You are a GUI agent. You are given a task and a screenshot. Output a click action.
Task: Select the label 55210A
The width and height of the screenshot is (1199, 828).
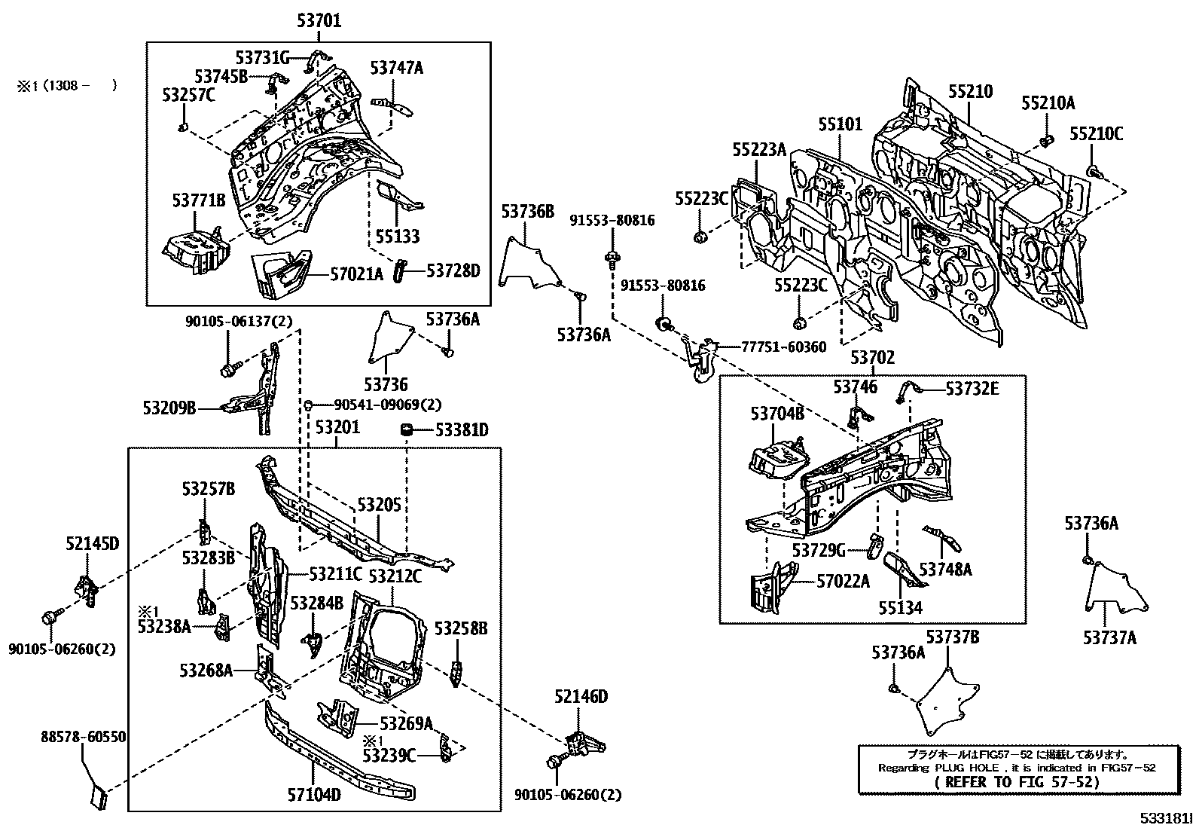(1048, 104)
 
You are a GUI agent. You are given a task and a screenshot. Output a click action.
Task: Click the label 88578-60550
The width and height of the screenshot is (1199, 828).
(83, 737)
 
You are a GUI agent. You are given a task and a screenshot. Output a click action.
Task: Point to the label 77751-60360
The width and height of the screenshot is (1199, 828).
(773, 347)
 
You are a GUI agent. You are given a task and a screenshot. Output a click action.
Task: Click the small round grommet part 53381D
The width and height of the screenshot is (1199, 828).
(407, 429)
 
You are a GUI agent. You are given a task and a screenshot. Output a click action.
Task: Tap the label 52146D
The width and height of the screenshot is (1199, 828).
(581, 697)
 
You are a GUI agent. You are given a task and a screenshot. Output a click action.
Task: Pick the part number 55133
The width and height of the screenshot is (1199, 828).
(398, 237)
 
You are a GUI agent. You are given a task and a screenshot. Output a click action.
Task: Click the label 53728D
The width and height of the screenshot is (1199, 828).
(453, 270)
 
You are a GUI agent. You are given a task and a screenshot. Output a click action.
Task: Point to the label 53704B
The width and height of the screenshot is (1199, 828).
(776, 413)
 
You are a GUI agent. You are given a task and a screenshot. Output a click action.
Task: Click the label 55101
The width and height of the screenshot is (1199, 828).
(841, 124)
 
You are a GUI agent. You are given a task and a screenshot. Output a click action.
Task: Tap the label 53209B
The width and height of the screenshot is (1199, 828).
(169, 408)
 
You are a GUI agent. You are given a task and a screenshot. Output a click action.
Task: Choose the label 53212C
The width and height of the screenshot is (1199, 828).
(394, 577)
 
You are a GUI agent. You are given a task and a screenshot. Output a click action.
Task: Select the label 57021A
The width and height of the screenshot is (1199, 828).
(356, 274)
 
